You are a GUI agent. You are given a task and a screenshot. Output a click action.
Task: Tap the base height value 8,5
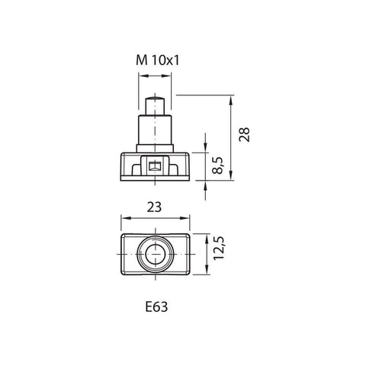coord(218,165)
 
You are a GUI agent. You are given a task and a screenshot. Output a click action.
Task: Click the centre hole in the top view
coord(156,255)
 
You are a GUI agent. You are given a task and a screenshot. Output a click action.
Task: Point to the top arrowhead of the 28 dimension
coord(230,98)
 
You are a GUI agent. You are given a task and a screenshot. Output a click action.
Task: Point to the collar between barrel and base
coord(156,146)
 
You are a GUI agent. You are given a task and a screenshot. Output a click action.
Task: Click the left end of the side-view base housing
coord(122,165)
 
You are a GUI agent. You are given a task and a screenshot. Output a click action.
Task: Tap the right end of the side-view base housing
coord(189,165)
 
